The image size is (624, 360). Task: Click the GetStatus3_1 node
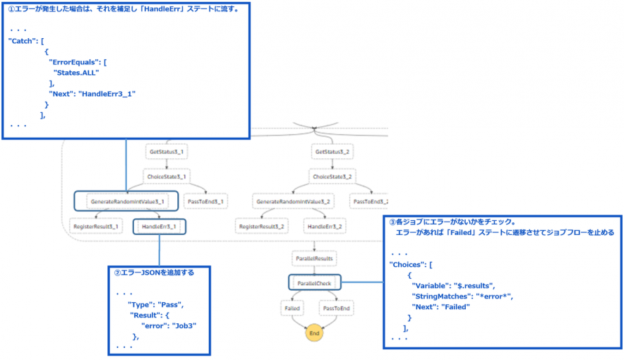point(167,152)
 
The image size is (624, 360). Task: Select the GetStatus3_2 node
point(332,152)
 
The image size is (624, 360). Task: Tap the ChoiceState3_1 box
point(167,176)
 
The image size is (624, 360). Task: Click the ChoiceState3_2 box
point(332,176)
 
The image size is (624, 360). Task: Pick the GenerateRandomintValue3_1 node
point(127,201)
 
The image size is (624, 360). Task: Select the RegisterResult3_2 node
point(261,227)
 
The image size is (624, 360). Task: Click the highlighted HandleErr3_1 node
point(160,227)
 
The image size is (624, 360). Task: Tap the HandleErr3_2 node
point(325,227)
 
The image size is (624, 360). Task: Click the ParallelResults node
point(315,258)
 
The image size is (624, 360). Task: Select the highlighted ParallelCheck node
point(315,283)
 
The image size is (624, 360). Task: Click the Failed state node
point(292,308)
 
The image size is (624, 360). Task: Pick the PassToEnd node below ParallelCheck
point(336,308)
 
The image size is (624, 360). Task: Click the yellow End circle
point(314,333)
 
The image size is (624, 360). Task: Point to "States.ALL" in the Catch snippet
point(76,72)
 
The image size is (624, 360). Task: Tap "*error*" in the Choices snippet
point(498,296)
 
